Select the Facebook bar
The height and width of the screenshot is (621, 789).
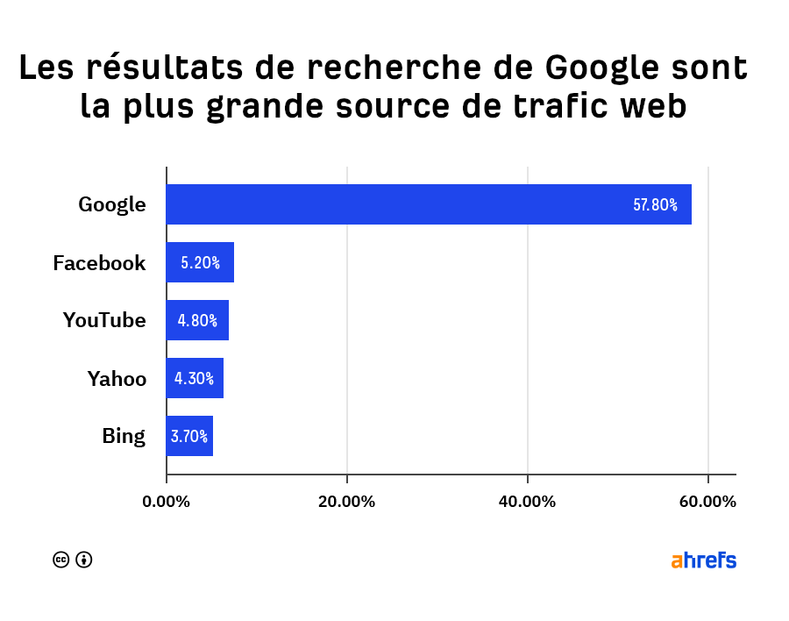(200, 262)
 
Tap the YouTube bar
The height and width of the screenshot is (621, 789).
(197, 320)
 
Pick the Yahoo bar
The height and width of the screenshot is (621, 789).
(195, 378)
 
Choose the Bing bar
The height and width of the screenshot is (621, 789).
(189, 436)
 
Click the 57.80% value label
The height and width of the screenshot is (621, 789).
(655, 205)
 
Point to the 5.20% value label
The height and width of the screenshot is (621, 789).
(200, 262)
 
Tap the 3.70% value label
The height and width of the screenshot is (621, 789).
(188, 436)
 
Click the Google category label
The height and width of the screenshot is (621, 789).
(112, 205)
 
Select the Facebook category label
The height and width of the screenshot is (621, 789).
(99, 262)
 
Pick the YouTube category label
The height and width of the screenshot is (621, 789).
(104, 320)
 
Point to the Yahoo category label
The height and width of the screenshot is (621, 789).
(117, 379)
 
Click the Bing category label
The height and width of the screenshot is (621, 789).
(124, 436)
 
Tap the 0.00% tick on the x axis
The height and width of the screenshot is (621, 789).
(167, 502)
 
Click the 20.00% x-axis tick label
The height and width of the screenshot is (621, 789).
(347, 502)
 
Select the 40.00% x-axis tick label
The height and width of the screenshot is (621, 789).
(528, 502)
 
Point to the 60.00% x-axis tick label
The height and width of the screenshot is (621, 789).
(707, 502)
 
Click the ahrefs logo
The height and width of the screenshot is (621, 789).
(704, 560)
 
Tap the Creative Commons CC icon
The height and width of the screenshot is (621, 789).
(61, 560)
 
